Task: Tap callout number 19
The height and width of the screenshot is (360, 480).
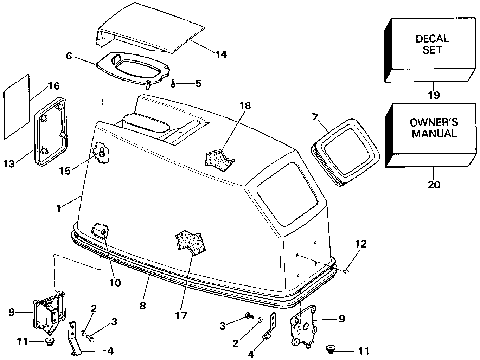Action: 434,95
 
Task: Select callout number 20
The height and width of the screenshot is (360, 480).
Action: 434,184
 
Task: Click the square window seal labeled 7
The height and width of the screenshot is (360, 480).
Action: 346,151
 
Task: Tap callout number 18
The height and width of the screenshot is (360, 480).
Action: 245,105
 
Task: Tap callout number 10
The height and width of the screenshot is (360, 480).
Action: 115,282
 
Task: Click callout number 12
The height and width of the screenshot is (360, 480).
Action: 360,244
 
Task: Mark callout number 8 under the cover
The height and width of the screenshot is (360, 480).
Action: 142,305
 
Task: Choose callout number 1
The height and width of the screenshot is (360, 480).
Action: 58,208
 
